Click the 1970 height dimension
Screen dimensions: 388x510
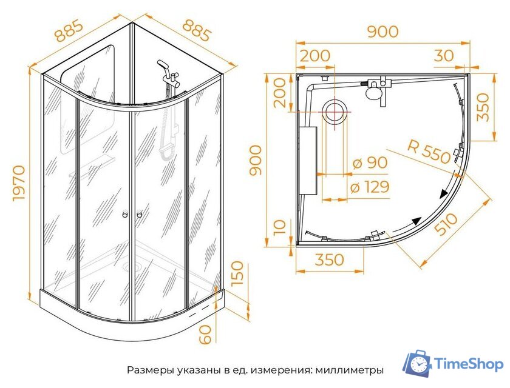tap(19, 182)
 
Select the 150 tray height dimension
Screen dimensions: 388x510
tap(237, 274)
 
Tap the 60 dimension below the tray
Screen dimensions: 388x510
tap(207, 333)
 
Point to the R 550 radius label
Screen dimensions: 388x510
tap(429, 152)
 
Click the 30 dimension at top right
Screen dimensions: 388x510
tap(444, 56)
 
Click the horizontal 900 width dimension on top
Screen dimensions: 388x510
tap(382, 32)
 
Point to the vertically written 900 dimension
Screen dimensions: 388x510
tap(256, 160)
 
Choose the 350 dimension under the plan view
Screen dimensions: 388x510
tap(329, 260)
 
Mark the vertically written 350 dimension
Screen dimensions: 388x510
tap(483, 107)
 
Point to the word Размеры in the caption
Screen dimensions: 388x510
tap(148, 370)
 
